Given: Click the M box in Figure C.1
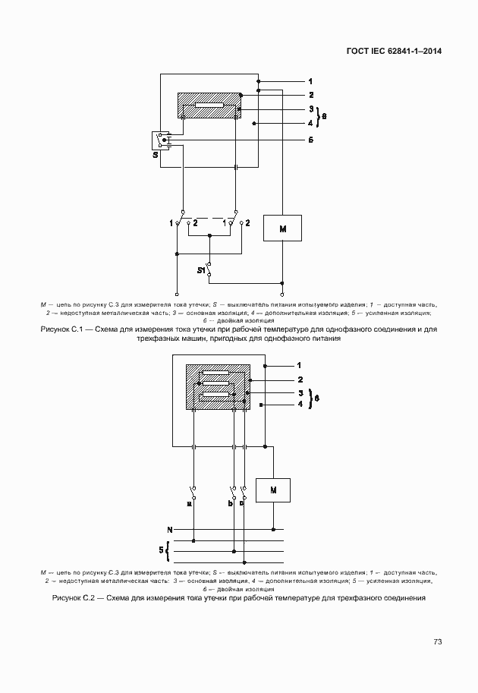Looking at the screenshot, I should click(282, 228).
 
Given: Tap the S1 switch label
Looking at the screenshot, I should click(202, 270).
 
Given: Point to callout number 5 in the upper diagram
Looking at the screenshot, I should click(310, 140).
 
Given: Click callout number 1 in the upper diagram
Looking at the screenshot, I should click(310, 80).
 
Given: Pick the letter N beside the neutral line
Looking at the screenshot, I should click(170, 528).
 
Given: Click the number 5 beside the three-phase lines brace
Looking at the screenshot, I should click(161, 548).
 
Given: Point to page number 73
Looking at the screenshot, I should click(437, 641).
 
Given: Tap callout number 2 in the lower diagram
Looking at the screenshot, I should click(300, 379).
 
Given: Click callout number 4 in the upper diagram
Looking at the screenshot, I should click(310, 122).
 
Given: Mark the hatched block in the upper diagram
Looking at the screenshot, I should click(209, 106).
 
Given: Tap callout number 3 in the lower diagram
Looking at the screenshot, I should click(300, 392).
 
